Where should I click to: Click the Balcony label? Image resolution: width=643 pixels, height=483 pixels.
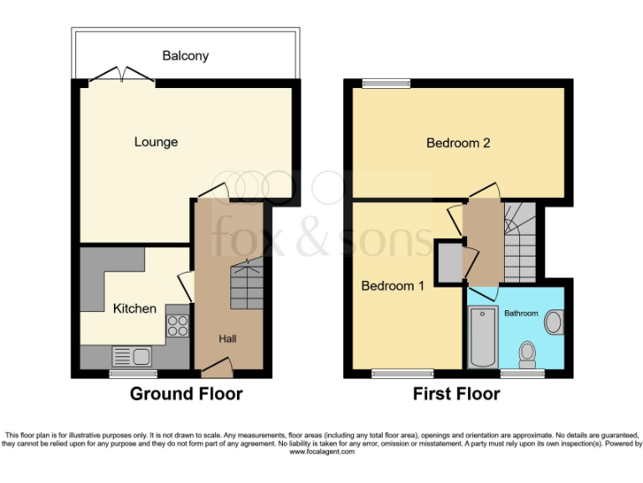click(x=185, y=56)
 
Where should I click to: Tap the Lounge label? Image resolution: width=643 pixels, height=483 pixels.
click(x=156, y=142)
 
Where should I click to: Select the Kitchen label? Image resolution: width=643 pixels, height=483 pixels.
click(x=135, y=308)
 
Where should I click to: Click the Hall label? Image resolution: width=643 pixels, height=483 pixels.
click(x=228, y=338)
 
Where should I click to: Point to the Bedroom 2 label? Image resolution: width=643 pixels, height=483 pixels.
click(x=458, y=143)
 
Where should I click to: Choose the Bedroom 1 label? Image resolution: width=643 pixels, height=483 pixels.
click(x=393, y=285)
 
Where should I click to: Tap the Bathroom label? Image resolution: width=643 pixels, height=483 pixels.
click(x=521, y=313)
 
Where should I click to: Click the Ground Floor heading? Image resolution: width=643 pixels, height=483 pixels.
click(x=186, y=393)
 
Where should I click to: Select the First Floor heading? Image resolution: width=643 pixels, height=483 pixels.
click(x=456, y=393)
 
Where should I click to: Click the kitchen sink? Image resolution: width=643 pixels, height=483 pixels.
click(x=131, y=356)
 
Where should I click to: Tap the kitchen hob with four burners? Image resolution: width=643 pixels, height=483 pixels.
click(x=177, y=325)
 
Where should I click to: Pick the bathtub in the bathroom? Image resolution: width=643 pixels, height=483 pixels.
click(x=483, y=338)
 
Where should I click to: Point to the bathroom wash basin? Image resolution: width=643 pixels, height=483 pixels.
click(x=553, y=322)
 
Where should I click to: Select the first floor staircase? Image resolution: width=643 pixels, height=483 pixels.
click(x=520, y=243)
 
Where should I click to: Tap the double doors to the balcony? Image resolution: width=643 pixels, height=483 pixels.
click(x=122, y=77)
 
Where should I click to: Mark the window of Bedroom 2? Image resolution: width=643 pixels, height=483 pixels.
click(x=386, y=82)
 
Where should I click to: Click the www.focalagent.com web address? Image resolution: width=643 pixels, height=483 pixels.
click(x=321, y=451)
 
